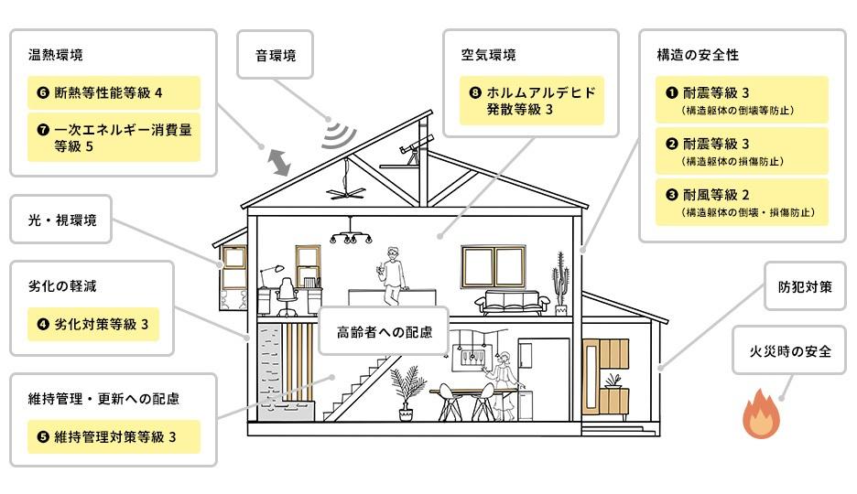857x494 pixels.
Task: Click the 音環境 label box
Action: tap(275, 55)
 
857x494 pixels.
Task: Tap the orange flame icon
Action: tap(762, 414)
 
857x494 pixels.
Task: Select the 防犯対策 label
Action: tap(805, 286)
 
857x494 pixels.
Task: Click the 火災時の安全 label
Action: tap(789, 350)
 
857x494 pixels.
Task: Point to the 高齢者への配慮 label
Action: tap(385, 331)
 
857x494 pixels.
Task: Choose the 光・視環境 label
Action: tap(61, 220)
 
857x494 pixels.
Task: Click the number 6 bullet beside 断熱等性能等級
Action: tap(43, 92)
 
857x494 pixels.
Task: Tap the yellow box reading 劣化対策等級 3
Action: tap(92, 324)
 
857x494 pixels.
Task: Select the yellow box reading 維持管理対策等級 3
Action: tap(114, 436)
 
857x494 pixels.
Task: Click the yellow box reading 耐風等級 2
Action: tap(742, 202)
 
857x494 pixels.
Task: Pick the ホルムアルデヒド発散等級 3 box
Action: tap(532, 101)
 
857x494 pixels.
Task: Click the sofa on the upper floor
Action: tap(512, 303)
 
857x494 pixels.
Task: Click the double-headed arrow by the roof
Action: tap(278, 163)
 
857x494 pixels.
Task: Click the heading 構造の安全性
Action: tap(698, 55)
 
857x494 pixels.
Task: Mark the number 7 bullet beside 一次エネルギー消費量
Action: tap(43, 130)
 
